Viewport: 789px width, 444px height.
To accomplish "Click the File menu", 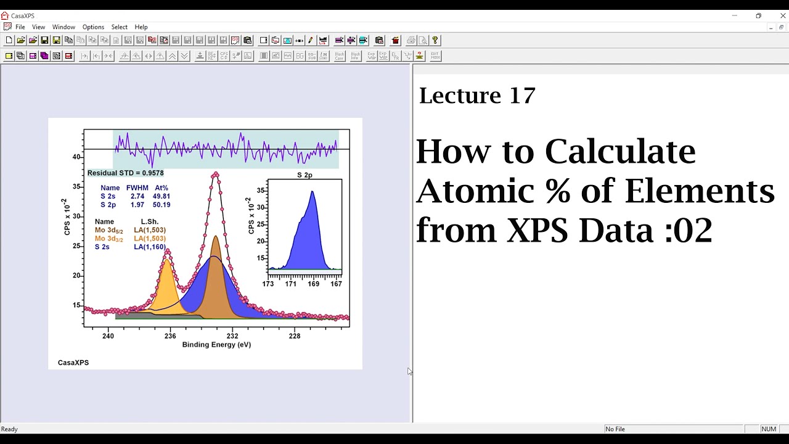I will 20,27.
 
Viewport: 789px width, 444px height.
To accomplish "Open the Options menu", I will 93,27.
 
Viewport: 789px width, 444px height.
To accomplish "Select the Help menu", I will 141,27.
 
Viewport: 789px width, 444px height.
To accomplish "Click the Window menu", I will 63,27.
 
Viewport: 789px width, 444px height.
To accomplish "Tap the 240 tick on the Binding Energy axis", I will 108,336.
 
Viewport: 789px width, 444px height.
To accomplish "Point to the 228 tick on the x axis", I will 295,336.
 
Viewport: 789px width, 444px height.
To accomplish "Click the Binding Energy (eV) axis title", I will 216,345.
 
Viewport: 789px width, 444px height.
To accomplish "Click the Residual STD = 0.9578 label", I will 126,173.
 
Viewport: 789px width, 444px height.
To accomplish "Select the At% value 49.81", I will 161,196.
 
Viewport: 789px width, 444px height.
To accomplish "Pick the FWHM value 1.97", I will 137,205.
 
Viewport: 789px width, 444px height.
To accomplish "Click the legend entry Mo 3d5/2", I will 108,230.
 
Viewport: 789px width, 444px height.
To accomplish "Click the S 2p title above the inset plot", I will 305,175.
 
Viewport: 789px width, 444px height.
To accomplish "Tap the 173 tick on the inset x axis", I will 268,284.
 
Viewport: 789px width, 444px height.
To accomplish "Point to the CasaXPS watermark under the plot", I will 73,363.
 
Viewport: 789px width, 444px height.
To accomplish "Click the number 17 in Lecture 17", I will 522,96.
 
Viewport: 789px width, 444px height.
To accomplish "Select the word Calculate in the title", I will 620,151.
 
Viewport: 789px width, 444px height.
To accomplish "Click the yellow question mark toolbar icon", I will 435,40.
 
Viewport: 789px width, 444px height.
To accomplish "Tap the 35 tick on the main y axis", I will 76,187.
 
